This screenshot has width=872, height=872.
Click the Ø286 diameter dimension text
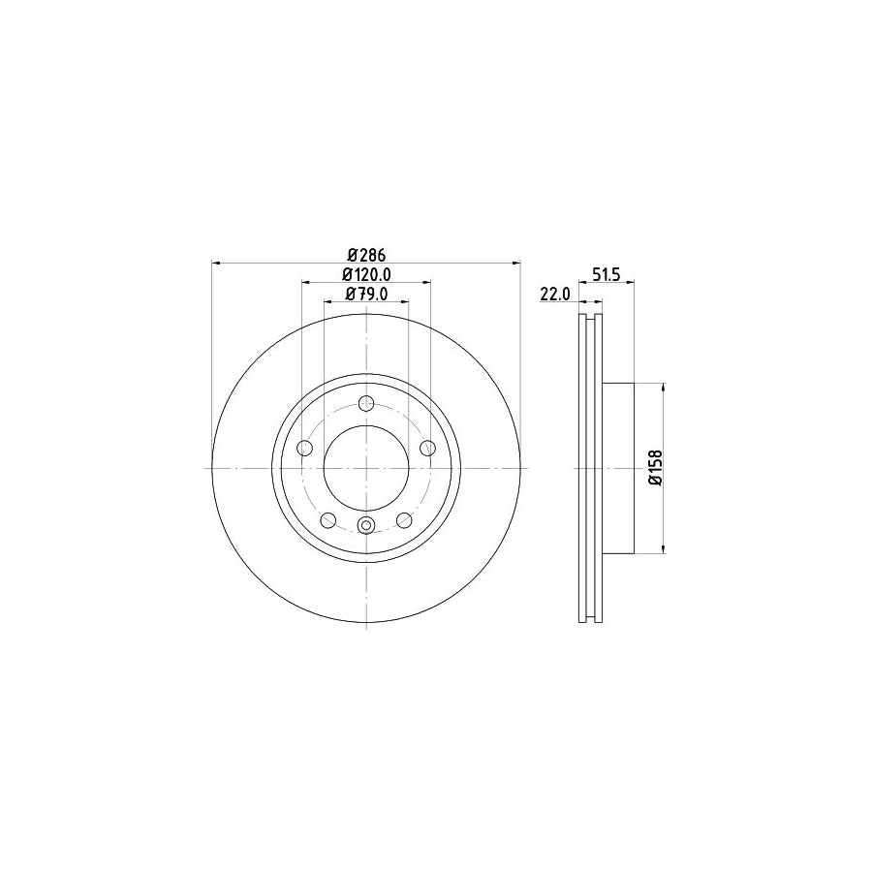click(367, 255)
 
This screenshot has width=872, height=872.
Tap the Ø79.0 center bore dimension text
click(367, 295)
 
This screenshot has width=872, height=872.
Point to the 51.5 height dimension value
click(607, 275)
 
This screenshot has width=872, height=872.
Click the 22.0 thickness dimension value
click(553, 295)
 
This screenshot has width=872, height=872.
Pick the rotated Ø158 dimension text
click(655, 468)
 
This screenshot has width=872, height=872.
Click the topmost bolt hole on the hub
click(366, 404)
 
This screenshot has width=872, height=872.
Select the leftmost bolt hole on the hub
click(305, 448)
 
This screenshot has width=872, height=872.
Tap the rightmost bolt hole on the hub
click(427, 448)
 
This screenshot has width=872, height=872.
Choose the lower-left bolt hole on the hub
click(328, 519)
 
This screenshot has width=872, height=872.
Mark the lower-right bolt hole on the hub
click(404, 519)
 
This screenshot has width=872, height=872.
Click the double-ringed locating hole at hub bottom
click(366, 525)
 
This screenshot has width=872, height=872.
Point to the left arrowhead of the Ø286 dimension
click(217, 263)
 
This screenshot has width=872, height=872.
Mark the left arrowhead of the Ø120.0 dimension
click(307, 283)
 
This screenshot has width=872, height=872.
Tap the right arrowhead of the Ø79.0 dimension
click(402, 302)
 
